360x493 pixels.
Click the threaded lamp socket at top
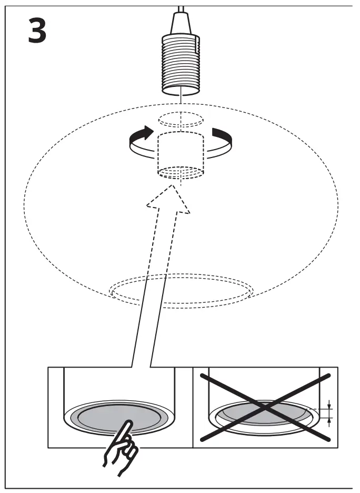point(181,63)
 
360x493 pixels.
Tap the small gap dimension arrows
point(329,412)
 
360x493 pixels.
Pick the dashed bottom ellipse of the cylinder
point(181,172)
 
